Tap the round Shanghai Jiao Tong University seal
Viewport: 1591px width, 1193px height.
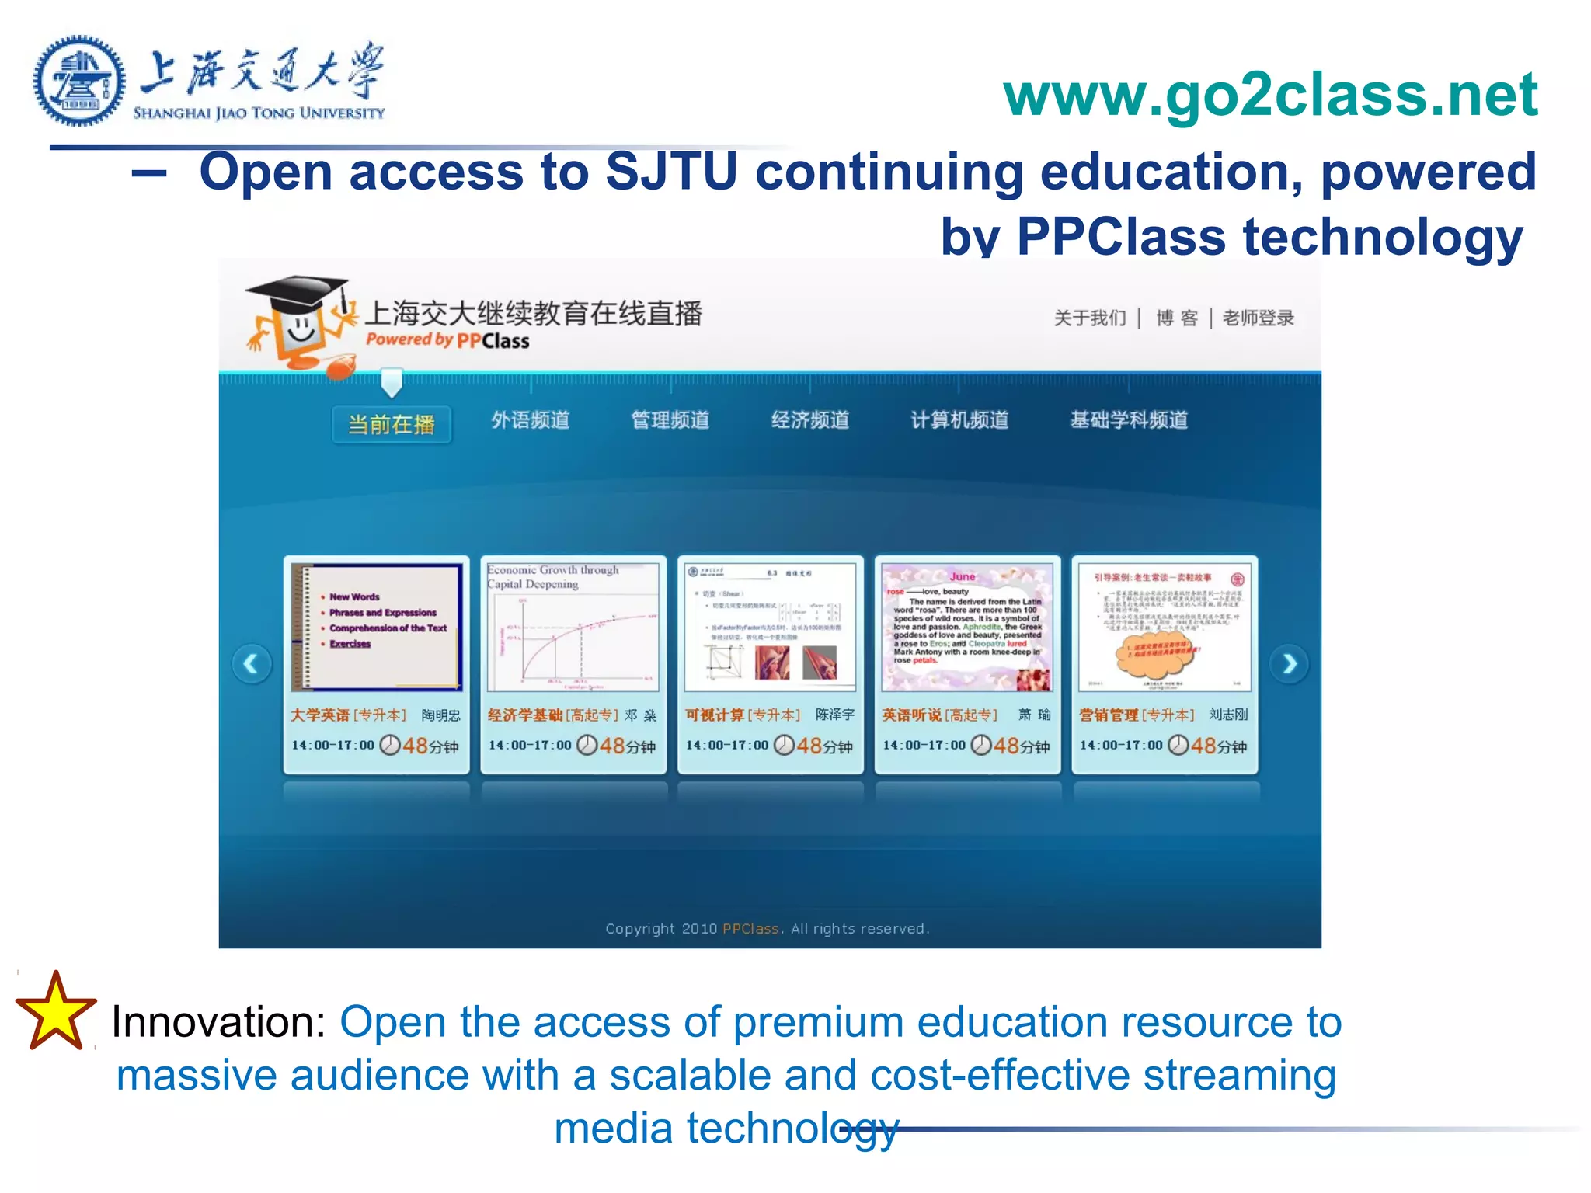click(78, 81)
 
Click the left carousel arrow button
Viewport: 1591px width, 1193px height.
click(252, 664)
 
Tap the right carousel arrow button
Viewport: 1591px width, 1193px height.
click(1289, 664)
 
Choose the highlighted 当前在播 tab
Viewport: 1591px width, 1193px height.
click(392, 424)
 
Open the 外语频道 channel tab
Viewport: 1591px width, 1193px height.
click(531, 420)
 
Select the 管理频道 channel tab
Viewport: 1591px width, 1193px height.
click(670, 420)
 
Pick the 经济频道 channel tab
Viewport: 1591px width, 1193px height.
click(810, 420)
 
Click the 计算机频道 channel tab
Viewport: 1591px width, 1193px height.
click(959, 420)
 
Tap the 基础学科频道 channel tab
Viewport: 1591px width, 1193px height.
click(1129, 420)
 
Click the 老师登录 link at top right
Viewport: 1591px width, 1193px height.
click(1258, 318)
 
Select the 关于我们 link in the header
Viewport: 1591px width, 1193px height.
click(1090, 318)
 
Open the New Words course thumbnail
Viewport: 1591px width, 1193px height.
click(377, 628)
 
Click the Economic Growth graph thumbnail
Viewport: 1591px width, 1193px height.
click(573, 628)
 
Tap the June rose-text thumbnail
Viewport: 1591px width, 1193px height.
click(967, 628)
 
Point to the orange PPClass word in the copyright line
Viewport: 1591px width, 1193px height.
click(750, 929)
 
